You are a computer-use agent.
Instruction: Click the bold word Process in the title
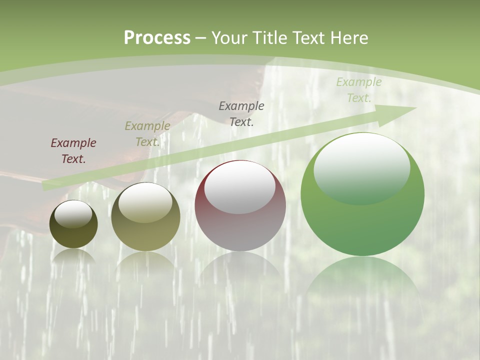157,38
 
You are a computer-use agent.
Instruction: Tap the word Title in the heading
270,38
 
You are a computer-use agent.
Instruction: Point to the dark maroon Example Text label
73,151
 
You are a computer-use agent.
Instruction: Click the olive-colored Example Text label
147,134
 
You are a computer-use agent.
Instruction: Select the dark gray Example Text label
241,113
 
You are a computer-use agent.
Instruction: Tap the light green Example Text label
358,90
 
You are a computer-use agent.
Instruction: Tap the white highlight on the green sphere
361,167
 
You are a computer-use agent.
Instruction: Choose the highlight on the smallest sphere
73,214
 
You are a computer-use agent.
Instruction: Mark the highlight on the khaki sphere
145,202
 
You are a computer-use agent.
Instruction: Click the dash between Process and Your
201,38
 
